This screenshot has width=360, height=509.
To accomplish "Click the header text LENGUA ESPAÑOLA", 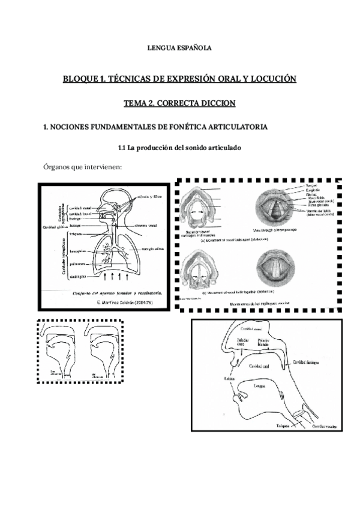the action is [x=179, y=47].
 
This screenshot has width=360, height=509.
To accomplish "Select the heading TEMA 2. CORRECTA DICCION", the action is [x=179, y=103].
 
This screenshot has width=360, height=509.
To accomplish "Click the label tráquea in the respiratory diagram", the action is [x=76, y=234].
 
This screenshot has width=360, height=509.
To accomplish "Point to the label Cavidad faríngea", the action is [x=308, y=362].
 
